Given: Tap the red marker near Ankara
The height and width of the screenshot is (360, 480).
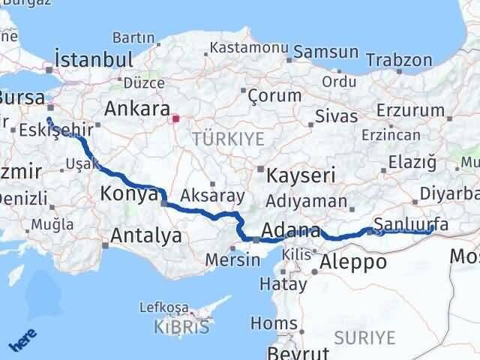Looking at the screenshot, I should pyautogui.click(x=175, y=118).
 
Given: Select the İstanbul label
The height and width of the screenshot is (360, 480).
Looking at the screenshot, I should pyautogui.click(x=94, y=59).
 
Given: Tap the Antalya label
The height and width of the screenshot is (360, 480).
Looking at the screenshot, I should pyautogui.click(x=145, y=236).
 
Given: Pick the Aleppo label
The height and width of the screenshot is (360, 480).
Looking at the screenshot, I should pyautogui.click(x=353, y=262).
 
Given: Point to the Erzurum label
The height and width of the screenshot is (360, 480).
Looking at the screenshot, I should pyautogui.click(x=412, y=110).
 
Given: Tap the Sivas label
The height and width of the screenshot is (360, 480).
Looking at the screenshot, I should pyautogui.click(x=331, y=117).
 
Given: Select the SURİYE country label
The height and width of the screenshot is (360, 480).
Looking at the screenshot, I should pyautogui.click(x=364, y=337).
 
